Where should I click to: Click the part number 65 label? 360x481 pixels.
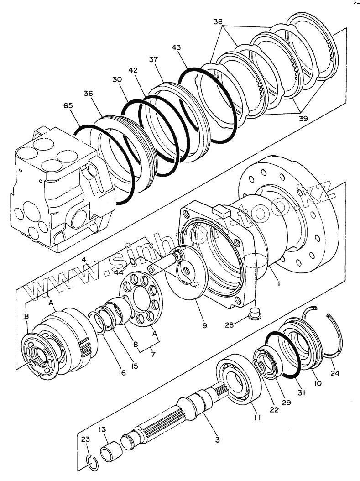(x=68, y=105)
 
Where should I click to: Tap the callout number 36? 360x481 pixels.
(x=88, y=94)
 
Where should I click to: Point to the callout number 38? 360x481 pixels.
(x=219, y=21)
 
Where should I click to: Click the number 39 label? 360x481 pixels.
(x=303, y=118)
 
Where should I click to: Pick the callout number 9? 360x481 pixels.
(x=205, y=325)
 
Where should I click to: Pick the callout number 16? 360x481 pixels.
(x=121, y=373)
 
